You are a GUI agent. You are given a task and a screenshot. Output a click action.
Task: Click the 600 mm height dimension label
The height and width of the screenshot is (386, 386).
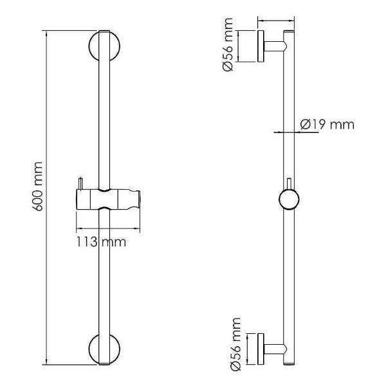[37, 187]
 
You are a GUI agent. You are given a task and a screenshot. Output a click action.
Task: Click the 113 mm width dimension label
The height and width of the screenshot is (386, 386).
[101, 242]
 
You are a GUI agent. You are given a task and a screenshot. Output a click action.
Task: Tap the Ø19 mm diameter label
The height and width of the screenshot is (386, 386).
[327, 124]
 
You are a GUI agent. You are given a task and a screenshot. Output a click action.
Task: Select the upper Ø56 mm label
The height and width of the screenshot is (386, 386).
[228, 44]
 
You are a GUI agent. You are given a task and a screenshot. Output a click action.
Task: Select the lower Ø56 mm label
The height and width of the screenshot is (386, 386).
[235, 344]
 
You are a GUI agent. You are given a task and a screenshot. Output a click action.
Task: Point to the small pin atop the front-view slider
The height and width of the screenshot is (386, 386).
[80, 183]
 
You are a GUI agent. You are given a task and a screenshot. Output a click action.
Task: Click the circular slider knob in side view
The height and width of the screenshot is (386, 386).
[289, 199]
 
